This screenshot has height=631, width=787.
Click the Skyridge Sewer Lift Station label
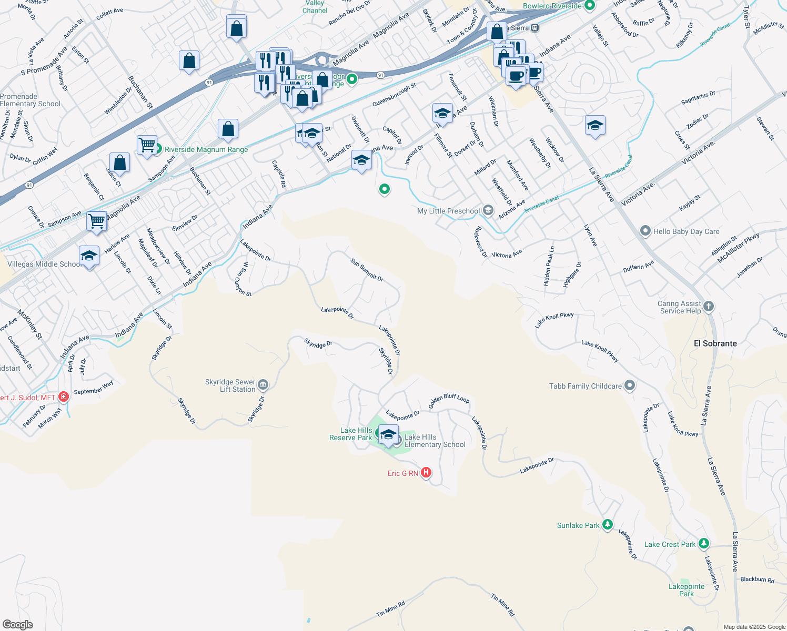click(x=230, y=385)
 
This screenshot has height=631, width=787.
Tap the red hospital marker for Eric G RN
click(x=426, y=473)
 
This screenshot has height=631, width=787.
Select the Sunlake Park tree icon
click(x=608, y=524)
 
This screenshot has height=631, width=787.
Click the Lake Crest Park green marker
click(x=704, y=544)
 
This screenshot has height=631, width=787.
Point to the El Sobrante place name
click(x=715, y=343)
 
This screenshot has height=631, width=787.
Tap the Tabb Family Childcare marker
click(x=630, y=385)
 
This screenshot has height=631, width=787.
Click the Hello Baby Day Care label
click(x=686, y=231)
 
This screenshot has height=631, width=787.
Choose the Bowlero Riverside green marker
click(x=590, y=6)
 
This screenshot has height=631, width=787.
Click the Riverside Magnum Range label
click(x=206, y=149)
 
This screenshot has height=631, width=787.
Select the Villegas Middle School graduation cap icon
click(x=89, y=256)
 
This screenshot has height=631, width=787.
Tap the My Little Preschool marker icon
click(x=488, y=211)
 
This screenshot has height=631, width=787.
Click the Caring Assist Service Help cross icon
click(x=709, y=306)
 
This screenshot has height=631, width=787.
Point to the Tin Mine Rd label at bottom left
click(x=390, y=609)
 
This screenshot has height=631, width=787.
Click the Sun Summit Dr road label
click(x=367, y=269)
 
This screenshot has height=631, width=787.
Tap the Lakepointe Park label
click(x=687, y=590)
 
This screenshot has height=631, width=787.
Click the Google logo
click(x=18, y=624)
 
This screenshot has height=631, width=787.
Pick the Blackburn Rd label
click(x=757, y=579)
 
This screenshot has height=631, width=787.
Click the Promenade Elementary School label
click(x=31, y=100)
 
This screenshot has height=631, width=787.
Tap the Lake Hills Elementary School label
click(x=435, y=441)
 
